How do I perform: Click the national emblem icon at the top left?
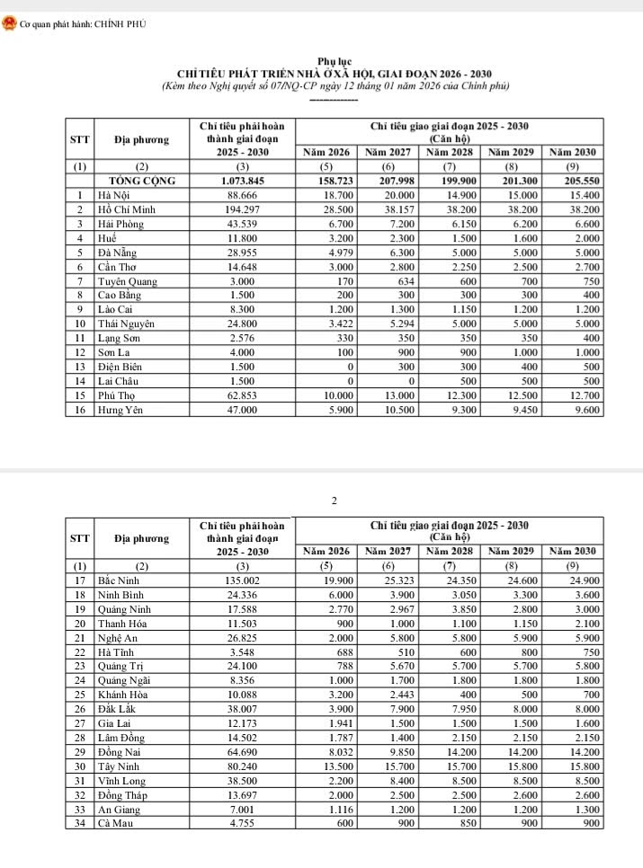coord(10,23)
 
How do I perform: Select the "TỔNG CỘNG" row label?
coord(142,181)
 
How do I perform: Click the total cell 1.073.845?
coord(242,181)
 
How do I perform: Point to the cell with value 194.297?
coord(242,208)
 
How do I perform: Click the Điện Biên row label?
coord(121,368)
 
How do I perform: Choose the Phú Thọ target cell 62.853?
coord(242,396)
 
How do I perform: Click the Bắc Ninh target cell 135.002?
coord(242,580)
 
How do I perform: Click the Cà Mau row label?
coord(115,823)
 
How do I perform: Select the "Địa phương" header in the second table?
coord(142,538)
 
